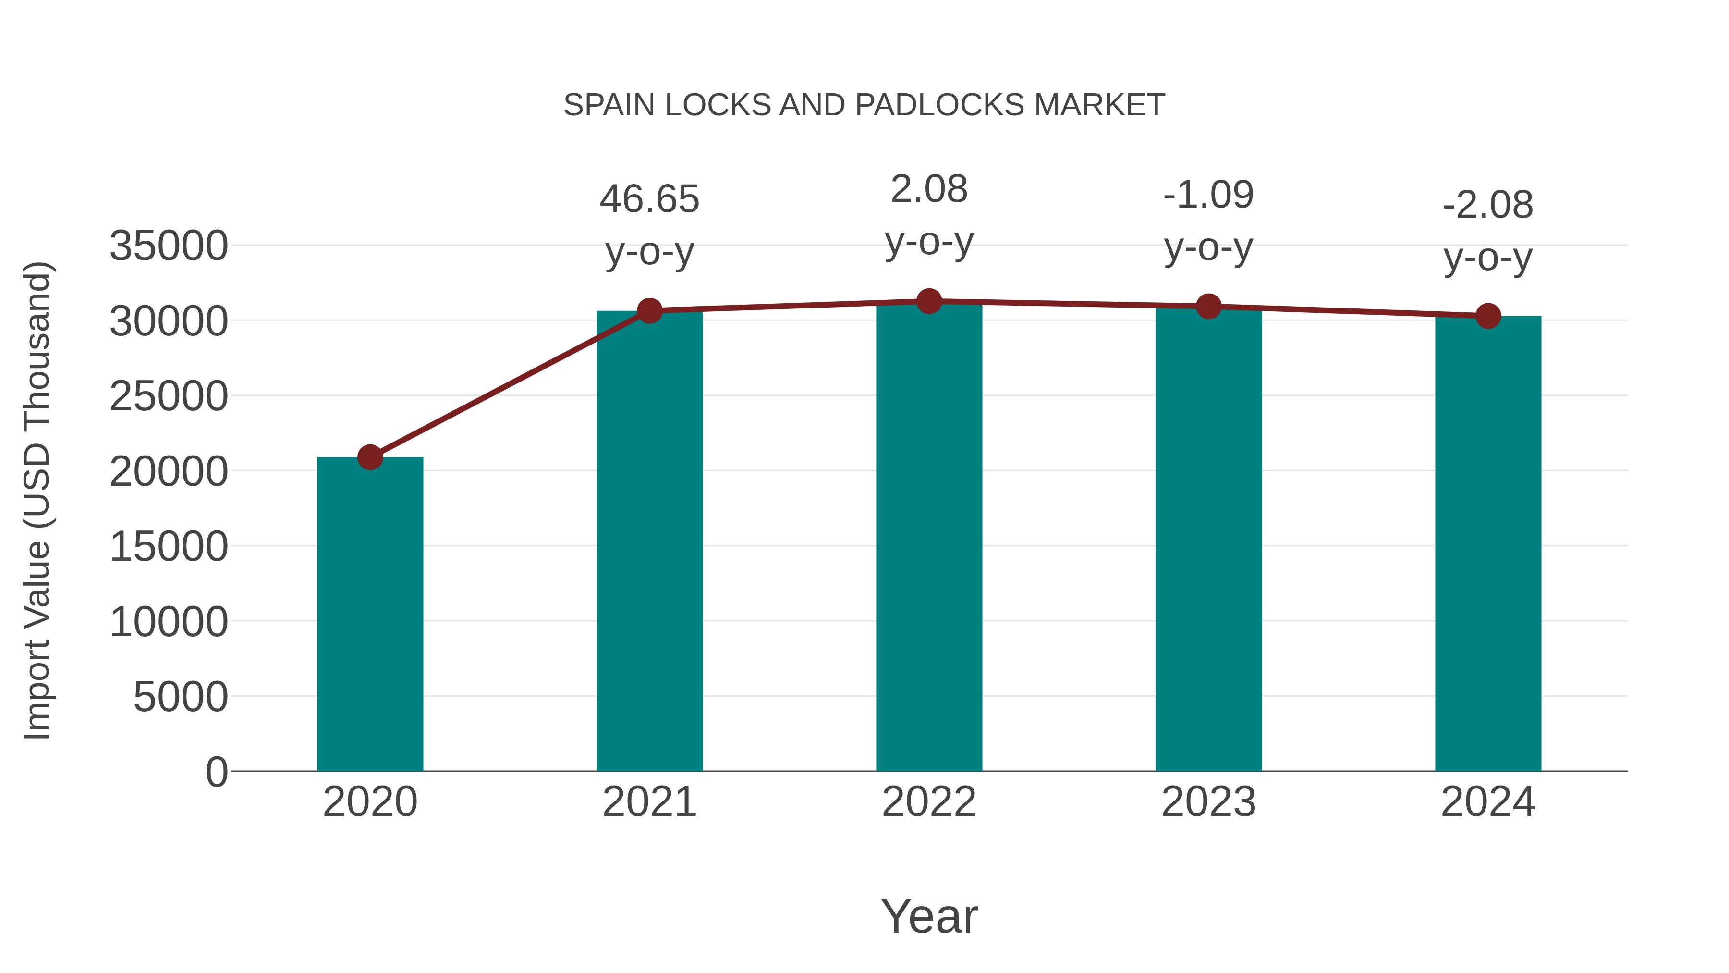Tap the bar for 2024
point(1488,543)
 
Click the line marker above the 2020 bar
point(370,457)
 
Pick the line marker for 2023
point(1209,306)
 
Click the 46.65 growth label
point(649,199)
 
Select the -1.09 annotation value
point(1208,195)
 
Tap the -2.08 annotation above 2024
point(1488,205)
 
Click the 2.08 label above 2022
point(929,189)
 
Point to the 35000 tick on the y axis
point(169,246)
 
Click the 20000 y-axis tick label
point(169,471)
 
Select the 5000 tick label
point(181,697)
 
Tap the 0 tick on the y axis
point(217,772)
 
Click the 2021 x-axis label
point(649,802)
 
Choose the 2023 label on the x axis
point(1208,802)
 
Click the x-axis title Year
point(929,916)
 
